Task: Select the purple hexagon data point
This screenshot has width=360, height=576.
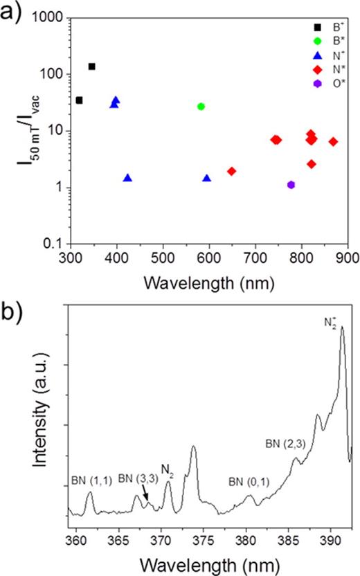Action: (291, 185)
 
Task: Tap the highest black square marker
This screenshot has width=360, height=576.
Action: (91, 66)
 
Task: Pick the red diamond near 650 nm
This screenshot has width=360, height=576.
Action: (232, 171)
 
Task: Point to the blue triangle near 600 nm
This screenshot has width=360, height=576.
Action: (207, 179)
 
